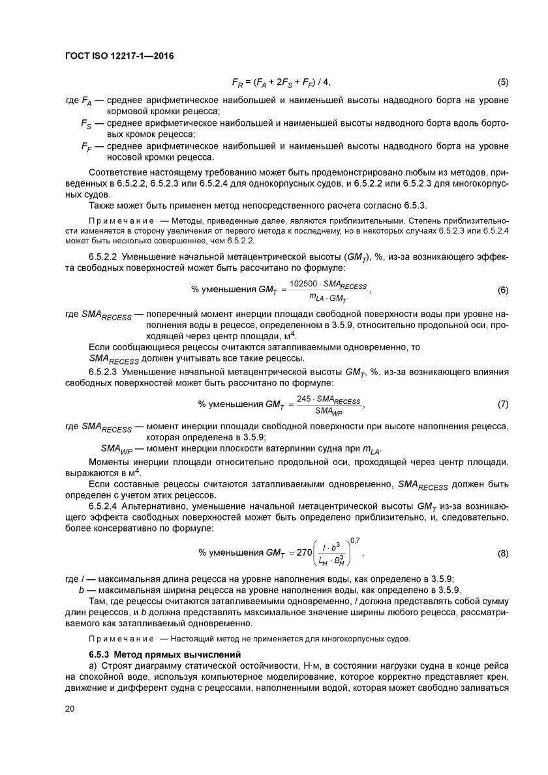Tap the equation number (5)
point(503,82)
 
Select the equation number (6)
point(503,289)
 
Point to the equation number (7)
point(503,404)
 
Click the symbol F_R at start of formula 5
point(237,83)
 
